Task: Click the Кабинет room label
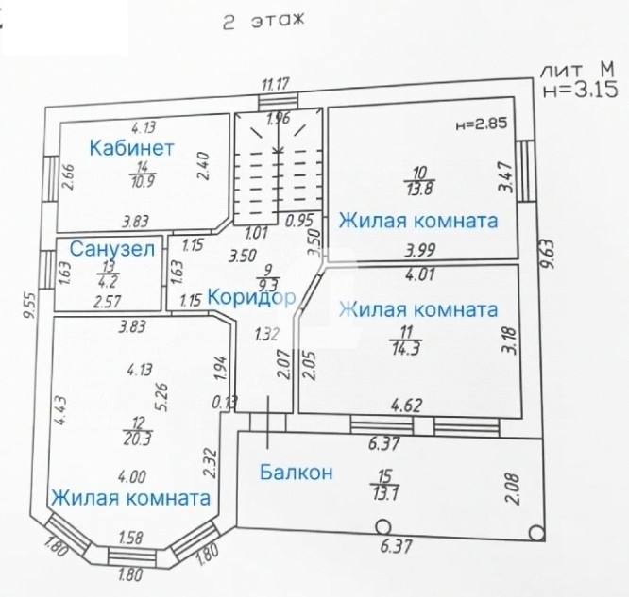pyautogui.click(x=131, y=148)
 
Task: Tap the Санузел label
pyautogui.click(x=112, y=249)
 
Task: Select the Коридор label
pyautogui.click(x=251, y=298)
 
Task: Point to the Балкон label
pyautogui.click(x=296, y=472)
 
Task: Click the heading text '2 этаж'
pyautogui.click(x=263, y=22)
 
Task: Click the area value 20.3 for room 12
pyautogui.click(x=138, y=439)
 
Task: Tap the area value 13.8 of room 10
pyautogui.click(x=419, y=189)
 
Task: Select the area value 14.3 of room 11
pyautogui.click(x=406, y=348)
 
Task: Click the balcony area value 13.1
pyautogui.click(x=384, y=493)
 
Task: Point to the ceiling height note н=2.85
pyautogui.click(x=482, y=123)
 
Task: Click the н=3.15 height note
pyautogui.click(x=580, y=91)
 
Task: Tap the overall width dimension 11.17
pyautogui.click(x=275, y=85)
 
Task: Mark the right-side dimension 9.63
pyautogui.click(x=547, y=254)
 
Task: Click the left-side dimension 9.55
pyautogui.click(x=29, y=307)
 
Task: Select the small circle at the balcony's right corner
pyautogui.click(x=536, y=533)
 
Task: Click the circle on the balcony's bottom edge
pyautogui.click(x=382, y=526)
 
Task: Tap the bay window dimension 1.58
pyautogui.click(x=130, y=538)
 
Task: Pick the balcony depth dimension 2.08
pyautogui.click(x=514, y=489)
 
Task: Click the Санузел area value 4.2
pyautogui.click(x=109, y=282)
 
